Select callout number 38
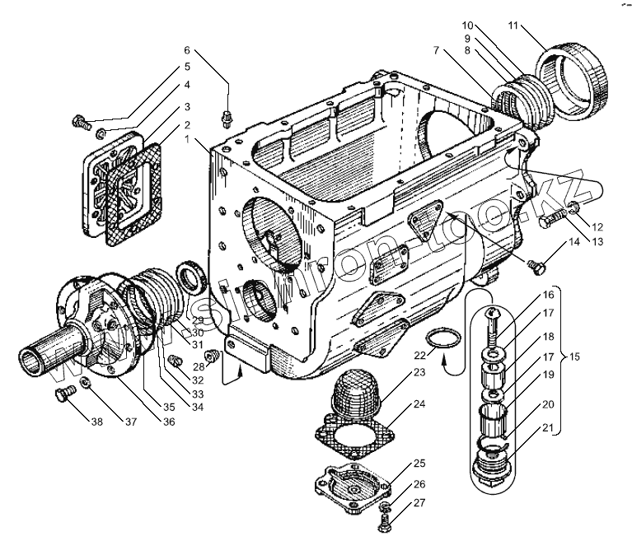(97, 423)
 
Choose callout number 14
(573, 242)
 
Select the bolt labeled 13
(550, 220)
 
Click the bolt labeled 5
(80, 124)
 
